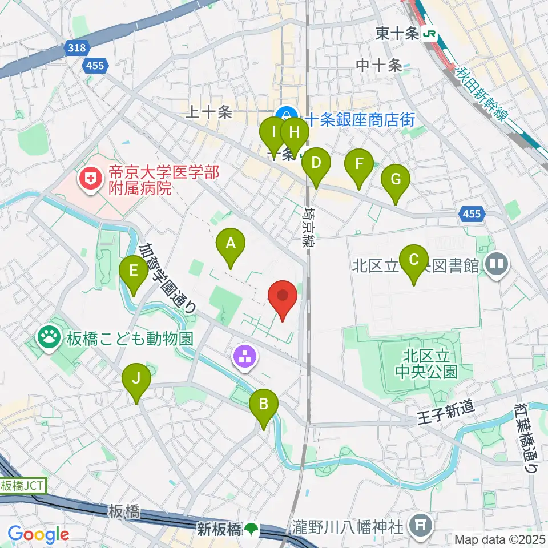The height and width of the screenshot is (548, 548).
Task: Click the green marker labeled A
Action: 231,244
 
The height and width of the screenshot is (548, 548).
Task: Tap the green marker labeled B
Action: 263,405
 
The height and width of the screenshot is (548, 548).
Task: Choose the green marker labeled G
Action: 396,179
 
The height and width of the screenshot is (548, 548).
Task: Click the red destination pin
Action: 283,297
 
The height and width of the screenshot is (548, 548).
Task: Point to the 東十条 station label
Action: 398,34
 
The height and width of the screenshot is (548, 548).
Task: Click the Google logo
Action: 38,535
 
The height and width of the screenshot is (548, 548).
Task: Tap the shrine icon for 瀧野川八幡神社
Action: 421,523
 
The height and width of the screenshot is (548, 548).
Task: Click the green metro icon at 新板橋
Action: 251,530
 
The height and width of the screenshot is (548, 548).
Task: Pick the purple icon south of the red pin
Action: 245,358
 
